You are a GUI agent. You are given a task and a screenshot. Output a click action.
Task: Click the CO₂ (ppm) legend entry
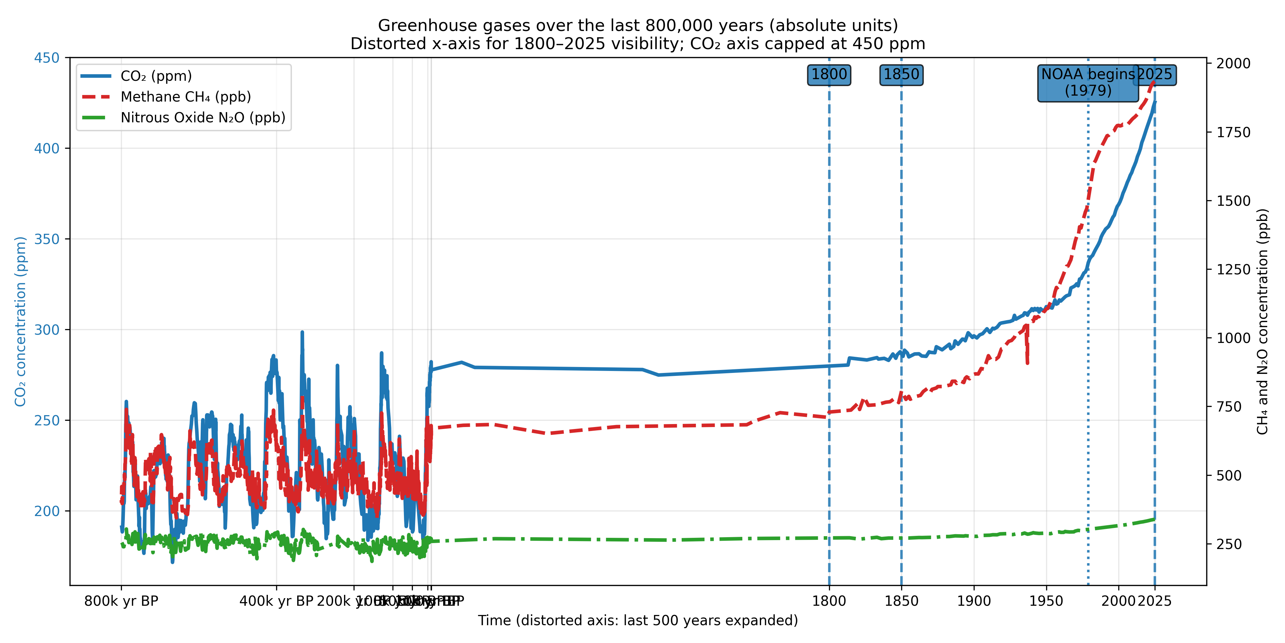[156, 76]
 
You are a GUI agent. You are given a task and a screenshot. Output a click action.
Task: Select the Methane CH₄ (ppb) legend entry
[185, 97]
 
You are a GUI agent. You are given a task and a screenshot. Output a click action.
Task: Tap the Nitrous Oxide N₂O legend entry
[203, 118]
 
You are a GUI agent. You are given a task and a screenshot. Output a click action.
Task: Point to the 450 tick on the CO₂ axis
[46, 58]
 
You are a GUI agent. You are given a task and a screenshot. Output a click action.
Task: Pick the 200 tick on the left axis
[46, 511]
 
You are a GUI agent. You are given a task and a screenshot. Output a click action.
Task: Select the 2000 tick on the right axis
[1233, 63]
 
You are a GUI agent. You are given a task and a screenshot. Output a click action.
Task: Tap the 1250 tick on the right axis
[1233, 270]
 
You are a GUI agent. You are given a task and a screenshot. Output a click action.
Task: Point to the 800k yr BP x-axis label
[121, 601]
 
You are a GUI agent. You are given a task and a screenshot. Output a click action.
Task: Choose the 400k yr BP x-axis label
[276, 601]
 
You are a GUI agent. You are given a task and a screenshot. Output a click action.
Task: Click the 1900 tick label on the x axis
[974, 601]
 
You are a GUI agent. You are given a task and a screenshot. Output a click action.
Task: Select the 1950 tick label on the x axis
[1046, 601]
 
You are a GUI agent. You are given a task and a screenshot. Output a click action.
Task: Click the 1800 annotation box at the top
[829, 75]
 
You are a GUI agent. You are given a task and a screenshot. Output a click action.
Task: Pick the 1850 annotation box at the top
[901, 75]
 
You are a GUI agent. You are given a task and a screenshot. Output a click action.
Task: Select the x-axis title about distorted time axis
[638, 621]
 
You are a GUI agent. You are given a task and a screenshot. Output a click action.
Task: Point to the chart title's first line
[638, 25]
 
